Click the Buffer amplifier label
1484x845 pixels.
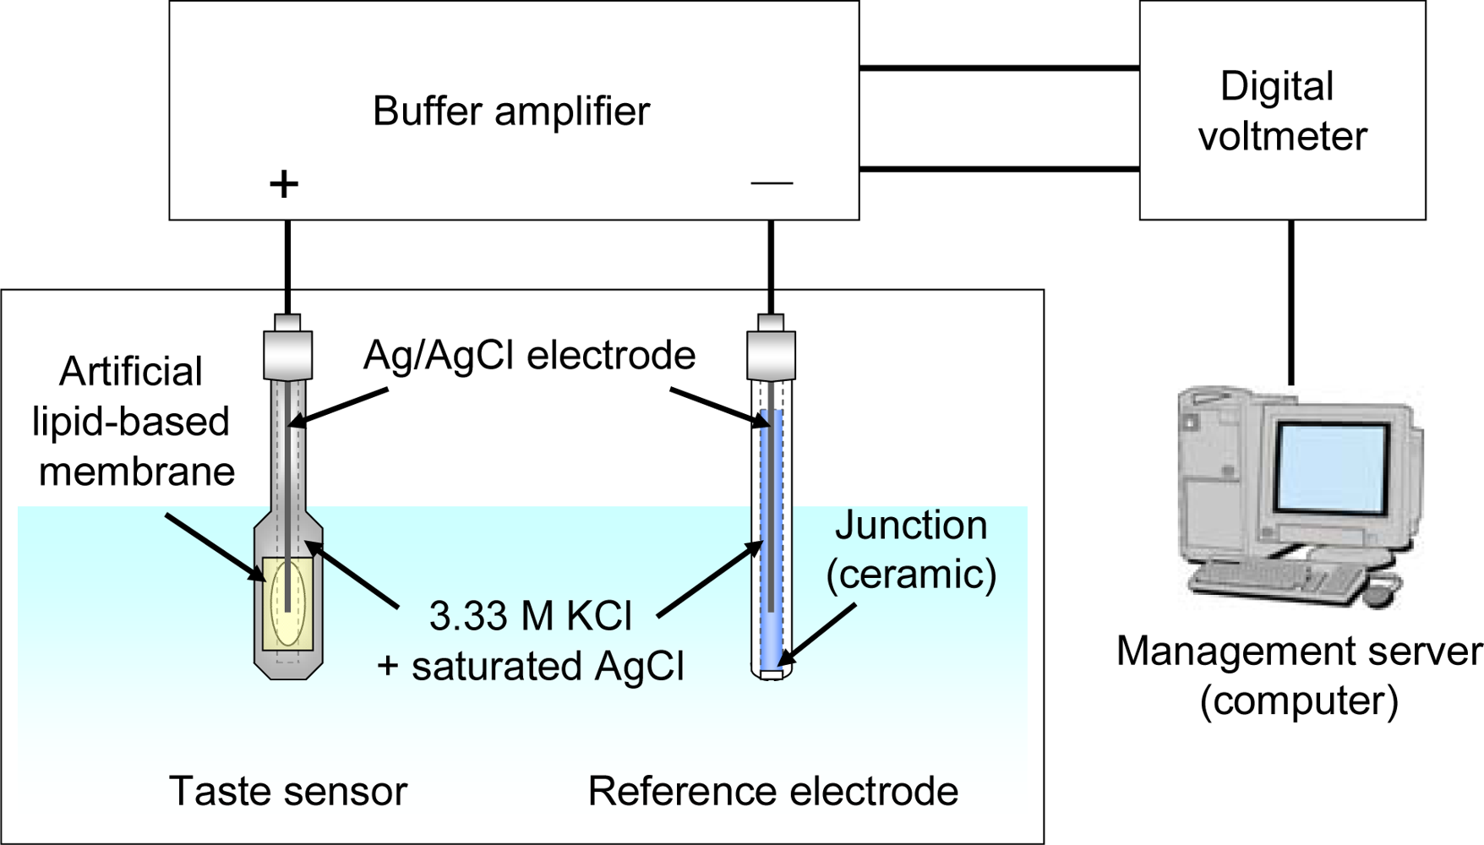(511, 112)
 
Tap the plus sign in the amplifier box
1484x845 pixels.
(284, 183)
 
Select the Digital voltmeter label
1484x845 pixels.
(1281, 112)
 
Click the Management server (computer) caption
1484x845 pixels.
(1299, 675)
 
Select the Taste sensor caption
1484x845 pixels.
(288, 792)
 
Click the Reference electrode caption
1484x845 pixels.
(772, 792)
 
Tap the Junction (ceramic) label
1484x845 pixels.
(911, 550)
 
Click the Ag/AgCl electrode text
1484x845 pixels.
(529, 355)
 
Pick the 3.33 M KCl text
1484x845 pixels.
(530, 617)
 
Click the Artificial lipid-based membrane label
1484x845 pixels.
(133, 422)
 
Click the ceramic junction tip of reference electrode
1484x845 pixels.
(771, 674)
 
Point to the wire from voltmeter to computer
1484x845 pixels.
(1290, 303)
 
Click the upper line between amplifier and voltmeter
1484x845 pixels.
(999, 68)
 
